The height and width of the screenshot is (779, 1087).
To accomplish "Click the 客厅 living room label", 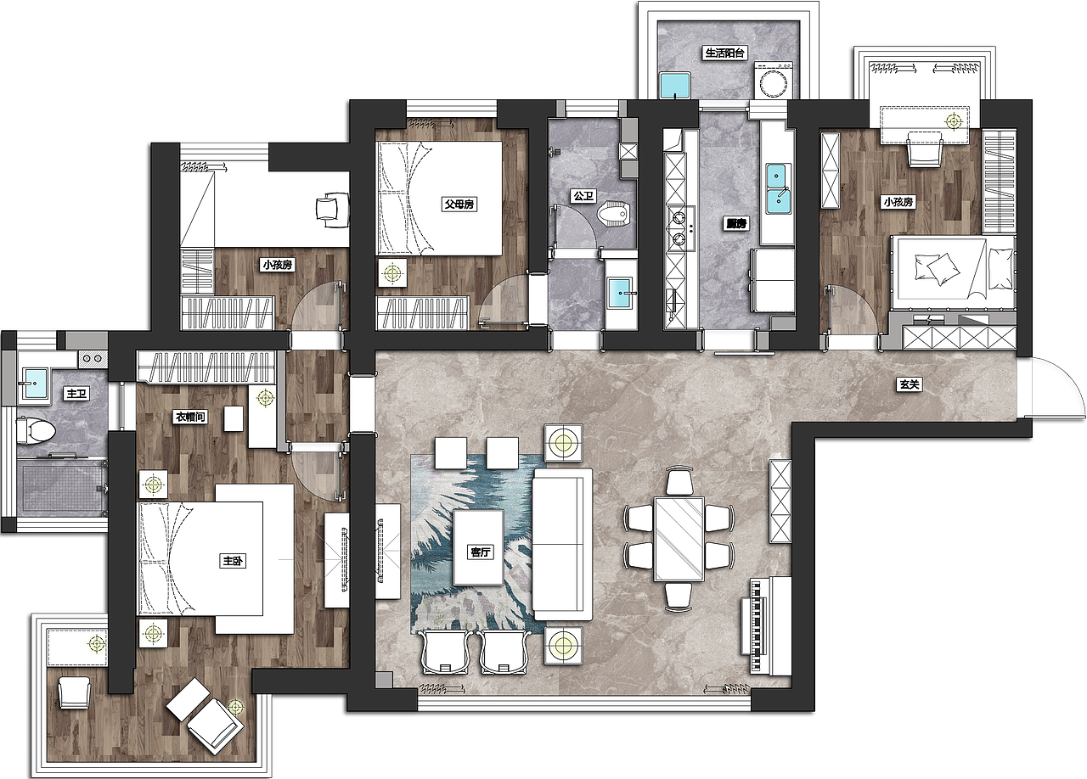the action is point(481,552).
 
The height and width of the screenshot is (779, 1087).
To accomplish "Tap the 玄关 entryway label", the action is point(909,385).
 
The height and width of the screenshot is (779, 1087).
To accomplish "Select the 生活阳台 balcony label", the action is point(724,53).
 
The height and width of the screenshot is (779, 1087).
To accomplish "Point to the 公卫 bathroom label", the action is point(583,197).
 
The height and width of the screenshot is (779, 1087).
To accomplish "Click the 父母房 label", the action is point(459,205).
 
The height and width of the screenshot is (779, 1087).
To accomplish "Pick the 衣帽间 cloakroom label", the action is point(191,417).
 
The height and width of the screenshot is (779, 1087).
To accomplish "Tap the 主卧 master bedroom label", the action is point(233,561).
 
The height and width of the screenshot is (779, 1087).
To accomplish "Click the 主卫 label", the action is point(76,394).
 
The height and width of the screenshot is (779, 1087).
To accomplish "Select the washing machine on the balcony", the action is point(774,81).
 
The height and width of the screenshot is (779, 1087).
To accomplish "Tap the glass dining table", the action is point(679,539).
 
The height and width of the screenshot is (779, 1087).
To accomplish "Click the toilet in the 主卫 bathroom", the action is point(36,429).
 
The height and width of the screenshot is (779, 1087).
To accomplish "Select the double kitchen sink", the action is point(778,188).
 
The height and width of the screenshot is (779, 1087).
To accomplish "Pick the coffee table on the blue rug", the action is point(478,547).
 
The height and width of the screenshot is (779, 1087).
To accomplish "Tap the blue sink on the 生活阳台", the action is point(675,85).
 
